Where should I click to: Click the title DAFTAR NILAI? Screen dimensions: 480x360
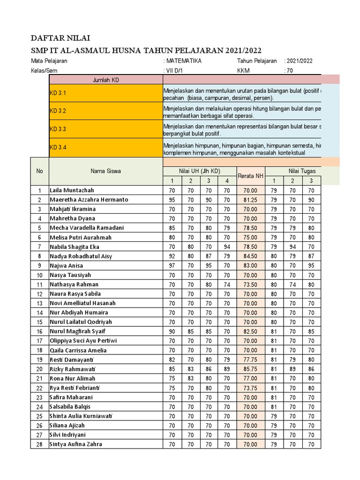point(61,38)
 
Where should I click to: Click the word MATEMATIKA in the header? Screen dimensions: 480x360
point(184,61)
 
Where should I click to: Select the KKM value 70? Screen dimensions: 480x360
point(290,70)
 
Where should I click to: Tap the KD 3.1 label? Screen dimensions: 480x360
point(58,93)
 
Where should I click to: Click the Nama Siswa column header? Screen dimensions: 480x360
point(105,171)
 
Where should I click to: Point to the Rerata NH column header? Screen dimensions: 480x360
point(251,176)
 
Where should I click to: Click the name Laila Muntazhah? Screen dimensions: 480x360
point(72,190)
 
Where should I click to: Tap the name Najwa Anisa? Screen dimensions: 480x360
point(66,265)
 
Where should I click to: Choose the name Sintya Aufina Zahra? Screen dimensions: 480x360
point(75,444)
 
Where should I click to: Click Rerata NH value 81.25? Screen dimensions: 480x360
point(251,200)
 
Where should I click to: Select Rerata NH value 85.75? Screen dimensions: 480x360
point(251,369)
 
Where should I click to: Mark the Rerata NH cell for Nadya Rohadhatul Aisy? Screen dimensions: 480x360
point(251,256)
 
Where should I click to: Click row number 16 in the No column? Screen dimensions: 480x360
point(39,331)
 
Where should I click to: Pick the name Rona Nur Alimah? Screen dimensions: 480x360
point(72,378)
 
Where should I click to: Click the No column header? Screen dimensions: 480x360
point(39,171)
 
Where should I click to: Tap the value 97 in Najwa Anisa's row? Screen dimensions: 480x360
point(172,265)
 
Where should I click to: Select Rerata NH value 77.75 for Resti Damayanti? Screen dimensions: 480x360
point(251,360)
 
